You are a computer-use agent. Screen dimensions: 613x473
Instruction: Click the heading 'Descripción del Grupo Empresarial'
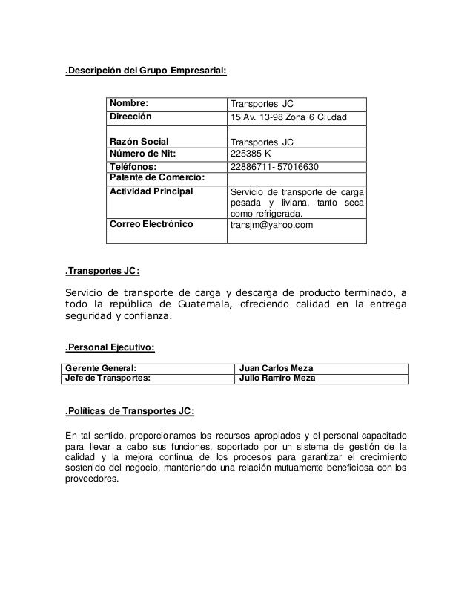[146, 71]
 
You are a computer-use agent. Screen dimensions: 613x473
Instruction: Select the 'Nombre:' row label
[130, 103]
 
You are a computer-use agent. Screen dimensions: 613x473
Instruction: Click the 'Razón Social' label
[139, 142]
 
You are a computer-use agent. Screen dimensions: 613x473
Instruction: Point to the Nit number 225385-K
[252, 154]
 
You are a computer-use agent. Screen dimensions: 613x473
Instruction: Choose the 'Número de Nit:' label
[145, 154]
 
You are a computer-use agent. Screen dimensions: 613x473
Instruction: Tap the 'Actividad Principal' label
[151, 191]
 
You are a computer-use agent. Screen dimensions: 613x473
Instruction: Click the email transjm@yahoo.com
[272, 224]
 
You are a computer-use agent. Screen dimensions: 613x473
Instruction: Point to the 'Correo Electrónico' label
[151, 223]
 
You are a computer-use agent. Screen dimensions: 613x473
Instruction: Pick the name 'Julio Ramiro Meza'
[279, 378]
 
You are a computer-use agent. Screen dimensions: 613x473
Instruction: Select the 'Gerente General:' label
[102, 367]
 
